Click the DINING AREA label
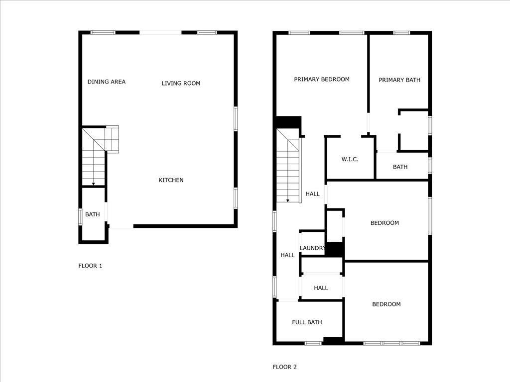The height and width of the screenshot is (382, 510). tap(107, 82)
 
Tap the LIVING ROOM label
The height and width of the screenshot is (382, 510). tap(181, 83)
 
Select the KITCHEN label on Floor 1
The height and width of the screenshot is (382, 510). tap(171, 180)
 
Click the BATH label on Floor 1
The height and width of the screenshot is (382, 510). tap(92, 214)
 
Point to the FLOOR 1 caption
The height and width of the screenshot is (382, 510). tap(90, 266)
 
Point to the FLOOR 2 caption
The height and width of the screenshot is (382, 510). tap(284, 367)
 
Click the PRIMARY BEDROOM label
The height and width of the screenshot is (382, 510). tap(322, 79)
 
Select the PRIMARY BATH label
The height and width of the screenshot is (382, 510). tap(399, 80)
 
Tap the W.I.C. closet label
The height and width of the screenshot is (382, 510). tap(350, 159)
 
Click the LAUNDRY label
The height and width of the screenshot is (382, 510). tap(312, 248)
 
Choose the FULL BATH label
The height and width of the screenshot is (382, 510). tap(307, 322)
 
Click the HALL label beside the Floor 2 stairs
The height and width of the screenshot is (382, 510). tap(313, 194)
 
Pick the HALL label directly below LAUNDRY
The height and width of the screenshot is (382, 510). tap(321, 288)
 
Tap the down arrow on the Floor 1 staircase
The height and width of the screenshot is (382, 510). tap(93, 183)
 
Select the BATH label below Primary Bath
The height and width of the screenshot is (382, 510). tap(400, 167)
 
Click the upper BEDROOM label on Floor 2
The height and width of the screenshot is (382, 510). tap(384, 223)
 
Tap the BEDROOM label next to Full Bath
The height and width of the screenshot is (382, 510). tap(386, 304)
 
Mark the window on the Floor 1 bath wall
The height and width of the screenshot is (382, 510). tap(80, 217)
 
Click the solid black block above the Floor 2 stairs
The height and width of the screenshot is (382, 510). tap(288, 122)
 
